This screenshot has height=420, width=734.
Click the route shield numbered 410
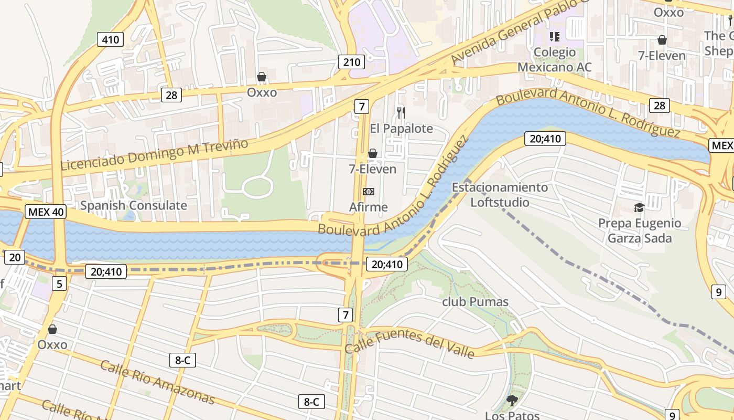[x=110, y=39]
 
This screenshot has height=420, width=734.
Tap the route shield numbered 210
[x=351, y=62]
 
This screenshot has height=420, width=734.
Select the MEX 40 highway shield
[x=45, y=212]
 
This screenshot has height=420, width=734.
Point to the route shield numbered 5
[x=59, y=284]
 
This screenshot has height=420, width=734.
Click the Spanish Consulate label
[x=133, y=205]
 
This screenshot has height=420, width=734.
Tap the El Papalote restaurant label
[x=401, y=128]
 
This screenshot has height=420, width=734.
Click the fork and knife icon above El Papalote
[x=401, y=112]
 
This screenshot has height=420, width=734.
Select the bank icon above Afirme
[x=369, y=192]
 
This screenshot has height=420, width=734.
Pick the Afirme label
[x=369, y=207]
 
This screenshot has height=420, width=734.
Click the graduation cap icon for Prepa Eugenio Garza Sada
[x=639, y=208]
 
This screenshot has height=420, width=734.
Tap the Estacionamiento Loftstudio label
[x=500, y=195]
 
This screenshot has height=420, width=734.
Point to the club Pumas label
[x=475, y=302]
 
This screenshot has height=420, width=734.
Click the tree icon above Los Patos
[x=512, y=401]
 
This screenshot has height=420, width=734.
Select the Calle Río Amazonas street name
[x=157, y=383]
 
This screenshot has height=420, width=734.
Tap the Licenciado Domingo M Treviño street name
[x=154, y=154]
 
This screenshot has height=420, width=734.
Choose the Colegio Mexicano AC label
[x=554, y=60]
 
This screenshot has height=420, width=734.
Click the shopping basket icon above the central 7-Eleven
[x=373, y=153]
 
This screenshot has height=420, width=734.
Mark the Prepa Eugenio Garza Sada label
[x=639, y=231]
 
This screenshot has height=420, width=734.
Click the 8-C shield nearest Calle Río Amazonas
[x=182, y=360]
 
